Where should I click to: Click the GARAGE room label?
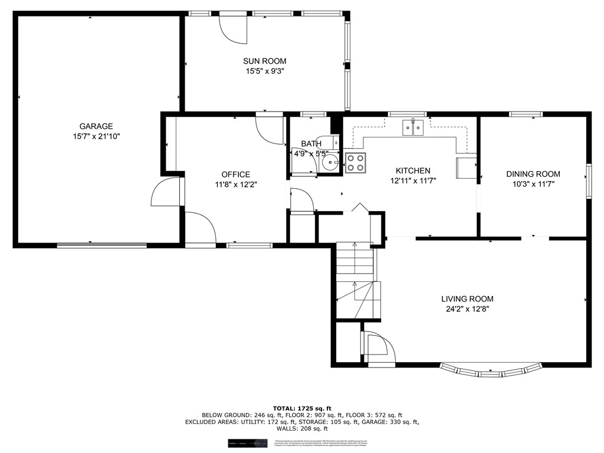pyautogui.click(x=96, y=126)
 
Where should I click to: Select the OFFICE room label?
pyautogui.click(x=235, y=175)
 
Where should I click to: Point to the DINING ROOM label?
pyautogui.click(x=533, y=174)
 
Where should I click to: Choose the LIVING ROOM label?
pyautogui.click(x=467, y=299)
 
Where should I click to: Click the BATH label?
pyautogui.click(x=311, y=143)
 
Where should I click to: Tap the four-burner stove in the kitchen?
pyautogui.click(x=355, y=162)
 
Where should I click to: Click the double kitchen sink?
pyautogui.click(x=412, y=127)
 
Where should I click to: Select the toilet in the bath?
pyautogui.click(x=333, y=142)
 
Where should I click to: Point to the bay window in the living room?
pyautogui.click(x=490, y=371)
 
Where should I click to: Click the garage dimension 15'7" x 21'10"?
pyautogui.click(x=96, y=136)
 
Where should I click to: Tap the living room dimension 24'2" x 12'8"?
pyautogui.click(x=467, y=308)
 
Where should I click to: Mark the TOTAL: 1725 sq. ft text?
pyautogui.click(x=302, y=408)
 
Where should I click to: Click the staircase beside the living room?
pyautogui.click(x=355, y=280)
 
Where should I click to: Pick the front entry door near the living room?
pyautogui.click(x=379, y=349)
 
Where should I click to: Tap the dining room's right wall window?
pyautogui.click(x=587, y=180)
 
